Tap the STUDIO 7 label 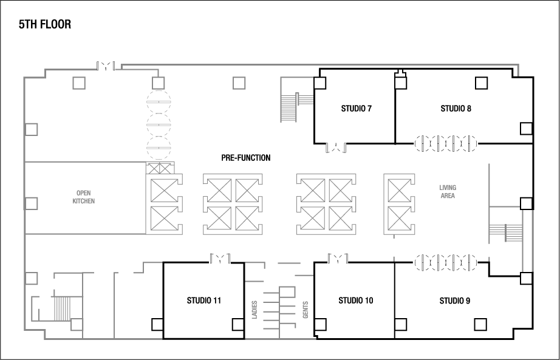356,109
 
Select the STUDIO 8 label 456,109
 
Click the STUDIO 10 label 355,300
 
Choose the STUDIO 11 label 203,300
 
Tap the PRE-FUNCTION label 246,158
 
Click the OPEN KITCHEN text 84,197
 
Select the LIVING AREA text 448,192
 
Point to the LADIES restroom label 254,310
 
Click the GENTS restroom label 305,310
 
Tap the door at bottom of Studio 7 336,146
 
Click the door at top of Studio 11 220,259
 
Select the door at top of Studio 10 336,259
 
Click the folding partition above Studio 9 446,262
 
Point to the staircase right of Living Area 505,233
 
